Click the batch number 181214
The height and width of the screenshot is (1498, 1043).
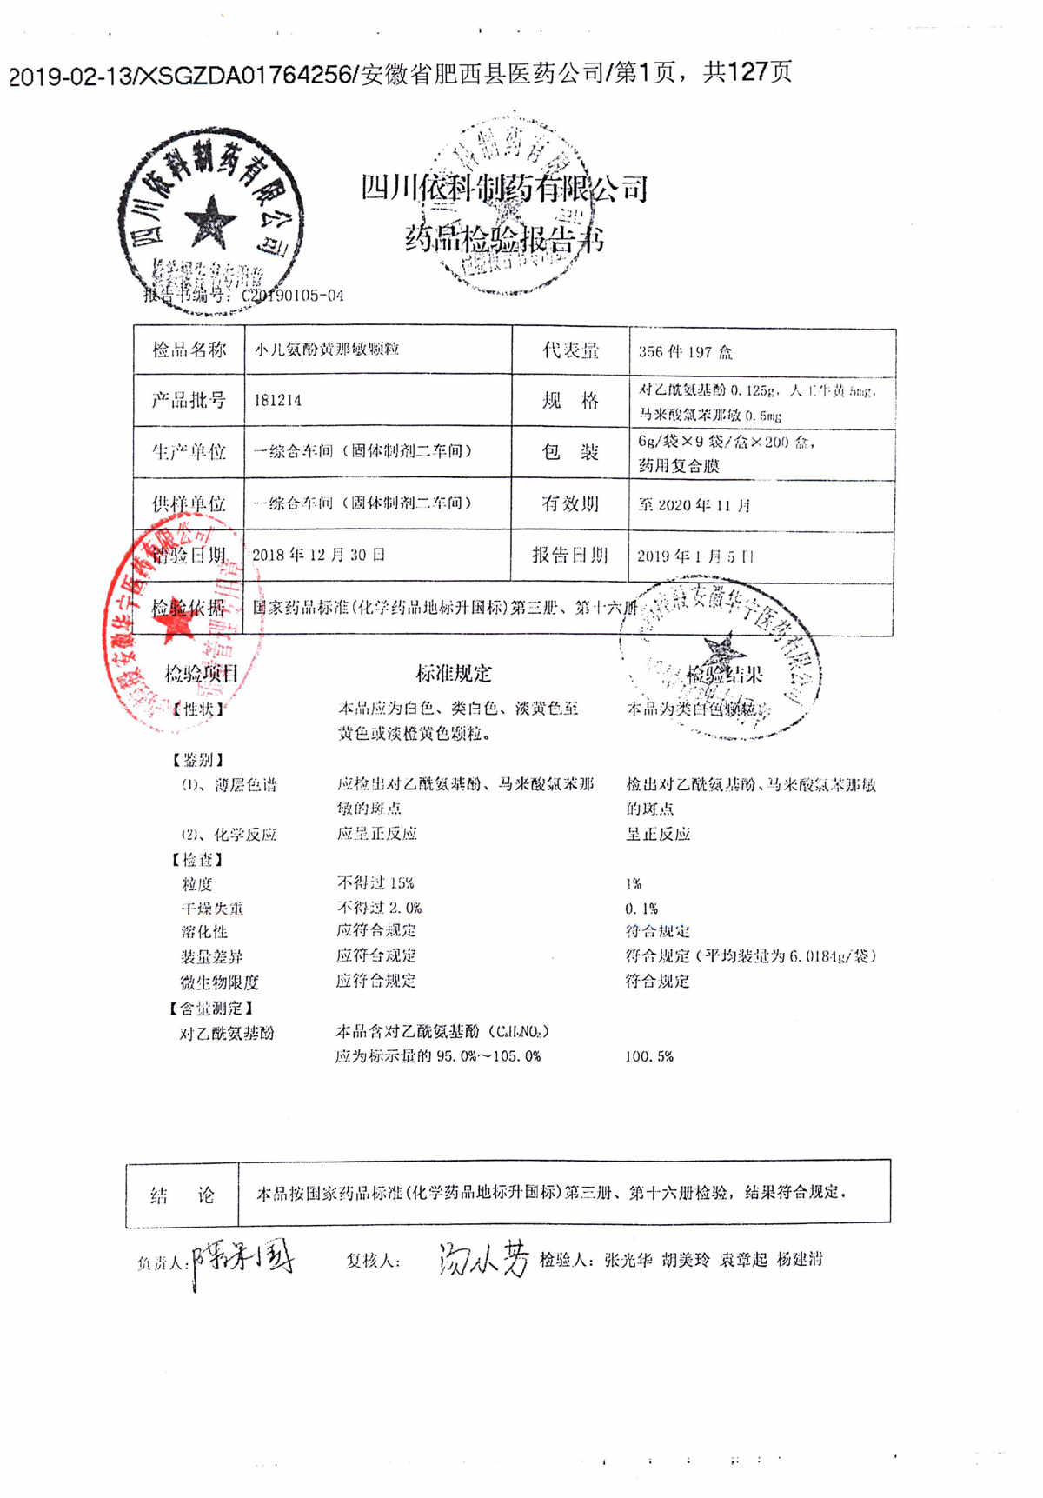[x=277, y=401]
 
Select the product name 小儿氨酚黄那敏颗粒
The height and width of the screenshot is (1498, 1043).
[x=326, y=350]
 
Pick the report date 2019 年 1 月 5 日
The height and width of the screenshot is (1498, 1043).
[x=695, y=556]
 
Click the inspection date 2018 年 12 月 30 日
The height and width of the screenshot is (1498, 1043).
[x=318, y=555]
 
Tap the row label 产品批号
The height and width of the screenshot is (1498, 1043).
[x=189, y=400]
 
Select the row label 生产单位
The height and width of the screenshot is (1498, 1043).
[x=189, y=451]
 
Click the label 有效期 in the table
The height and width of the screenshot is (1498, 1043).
[x=570, y=503]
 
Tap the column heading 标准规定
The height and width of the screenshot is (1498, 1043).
[x=454, y=674]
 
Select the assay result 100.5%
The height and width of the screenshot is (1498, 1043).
[x=649, y=1056]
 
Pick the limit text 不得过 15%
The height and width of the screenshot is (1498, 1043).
[x=375, y=883]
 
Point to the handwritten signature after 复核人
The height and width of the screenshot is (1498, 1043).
[x=483, y=1259]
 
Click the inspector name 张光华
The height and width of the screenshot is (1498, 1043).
[x=628, y=1260]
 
